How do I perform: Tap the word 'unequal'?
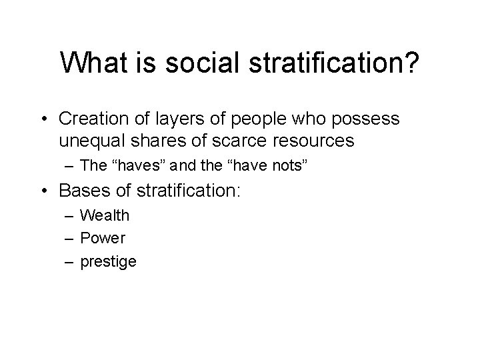point(88,141)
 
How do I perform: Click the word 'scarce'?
point(231,141)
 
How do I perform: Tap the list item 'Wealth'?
point(105,215)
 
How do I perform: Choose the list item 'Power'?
point(103,238)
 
